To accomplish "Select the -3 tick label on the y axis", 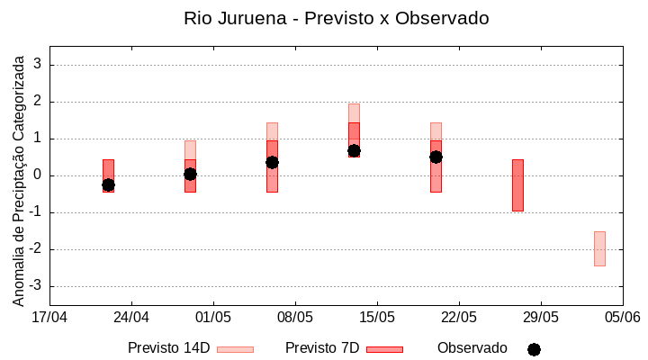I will point(36,286).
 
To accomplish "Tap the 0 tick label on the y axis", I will point(39,175).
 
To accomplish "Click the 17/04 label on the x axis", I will point(49,318).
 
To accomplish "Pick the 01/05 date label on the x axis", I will point(213,318).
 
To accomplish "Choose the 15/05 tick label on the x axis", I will point(377,318).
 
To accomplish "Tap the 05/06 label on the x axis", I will point(622,318).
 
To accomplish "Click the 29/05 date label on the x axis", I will point(541,318).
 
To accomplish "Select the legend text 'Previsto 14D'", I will point(168,348).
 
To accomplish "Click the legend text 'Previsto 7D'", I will point(322,348).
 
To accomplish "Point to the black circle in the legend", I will point(534,349).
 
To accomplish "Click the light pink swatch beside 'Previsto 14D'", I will point(235,349).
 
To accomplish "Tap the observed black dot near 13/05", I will point(354,151).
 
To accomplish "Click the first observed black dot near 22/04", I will point(108,184).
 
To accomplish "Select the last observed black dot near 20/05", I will point(436,157).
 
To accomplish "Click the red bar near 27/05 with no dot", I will point(517,185).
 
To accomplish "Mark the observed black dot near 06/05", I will point(272,162).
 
